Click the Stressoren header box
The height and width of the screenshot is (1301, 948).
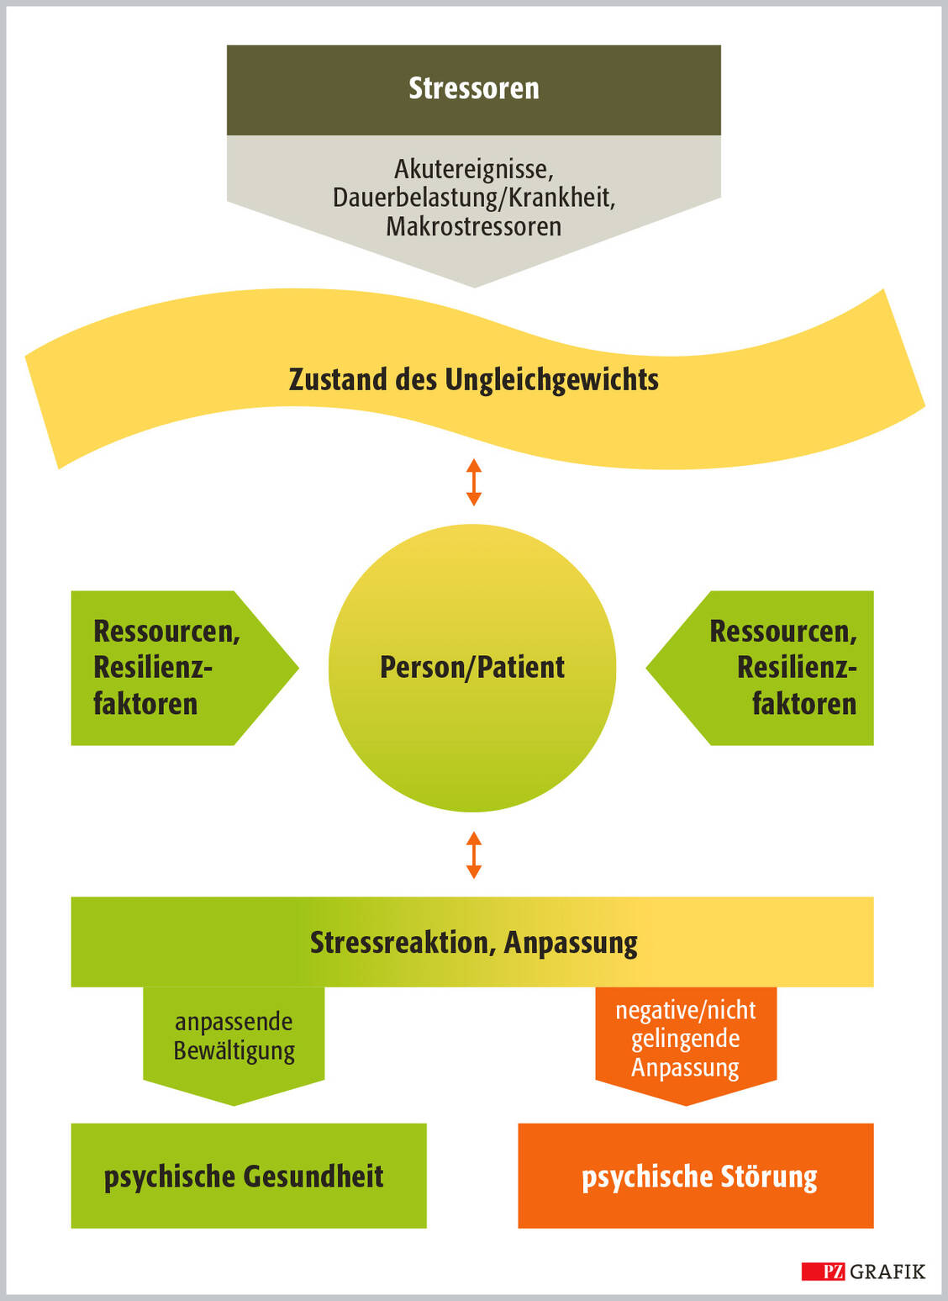click(473, 89)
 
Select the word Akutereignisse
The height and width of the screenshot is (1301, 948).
click(473, 169)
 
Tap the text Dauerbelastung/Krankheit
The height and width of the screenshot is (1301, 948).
click(473, 198)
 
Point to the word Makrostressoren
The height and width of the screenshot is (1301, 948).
click(473, 226)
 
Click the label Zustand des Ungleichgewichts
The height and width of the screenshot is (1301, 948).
click(473, 379)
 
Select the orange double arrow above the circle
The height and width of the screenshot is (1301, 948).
click(474, 482)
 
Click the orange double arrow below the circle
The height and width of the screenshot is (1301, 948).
click(474, 855)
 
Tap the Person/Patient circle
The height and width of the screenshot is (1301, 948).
click(472, 667)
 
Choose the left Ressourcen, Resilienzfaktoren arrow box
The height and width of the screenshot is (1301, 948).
click(168, 668)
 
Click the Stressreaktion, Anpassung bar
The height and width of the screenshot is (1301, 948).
click(473, 942)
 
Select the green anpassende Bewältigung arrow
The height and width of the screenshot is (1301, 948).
click(234, 1039)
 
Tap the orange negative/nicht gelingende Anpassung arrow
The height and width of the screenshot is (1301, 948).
click(686, 1039)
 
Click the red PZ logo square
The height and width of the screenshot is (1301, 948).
click(824, 1271)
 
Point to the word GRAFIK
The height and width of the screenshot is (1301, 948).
click(887, 1271)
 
